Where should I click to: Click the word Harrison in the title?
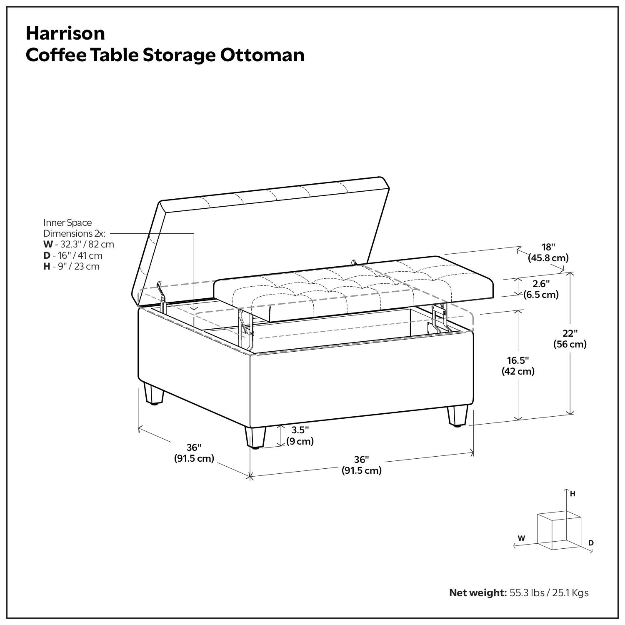(x=65, y=33)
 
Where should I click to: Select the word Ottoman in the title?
(x=262, y=55)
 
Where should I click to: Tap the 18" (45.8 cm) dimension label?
(x=548, y=252)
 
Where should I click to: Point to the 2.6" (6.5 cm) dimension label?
(x=541, y=289)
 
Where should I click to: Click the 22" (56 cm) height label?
(x=570, y=339)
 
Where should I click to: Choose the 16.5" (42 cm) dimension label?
(x=518, y=365)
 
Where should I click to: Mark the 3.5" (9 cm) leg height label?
(x=300, y=436)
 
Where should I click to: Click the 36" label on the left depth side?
(x=194, y=453)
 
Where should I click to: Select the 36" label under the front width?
(x=362, y=465)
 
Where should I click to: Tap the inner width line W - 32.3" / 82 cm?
(x=79, y=245)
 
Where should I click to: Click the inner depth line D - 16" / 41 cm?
(x=73, y=255)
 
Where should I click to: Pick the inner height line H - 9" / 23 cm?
(x=72, y=266)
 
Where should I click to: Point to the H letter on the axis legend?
(x=572, y=494)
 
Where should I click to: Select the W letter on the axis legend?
(x=521, y=538)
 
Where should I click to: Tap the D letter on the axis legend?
(x=591, y=543)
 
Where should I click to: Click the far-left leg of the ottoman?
(x=153, y=394)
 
